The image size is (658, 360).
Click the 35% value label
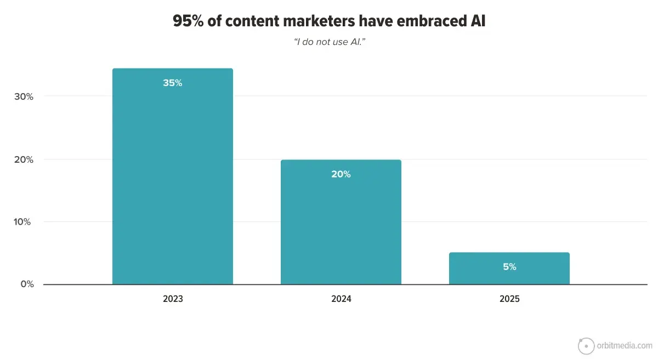(172, 83)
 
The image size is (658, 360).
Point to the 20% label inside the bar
(341, 174)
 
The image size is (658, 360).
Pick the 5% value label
(509, 267)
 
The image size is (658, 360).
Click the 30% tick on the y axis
(24, 96)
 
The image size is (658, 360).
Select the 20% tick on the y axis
(24, 159)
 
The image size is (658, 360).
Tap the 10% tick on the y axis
(24, 222)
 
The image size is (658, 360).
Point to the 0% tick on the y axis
(27, 284)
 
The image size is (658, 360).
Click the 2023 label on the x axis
(173, 300)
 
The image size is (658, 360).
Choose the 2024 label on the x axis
(341, 300)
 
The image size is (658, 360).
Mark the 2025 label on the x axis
(509, 300)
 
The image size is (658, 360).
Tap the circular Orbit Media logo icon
(586, 346)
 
